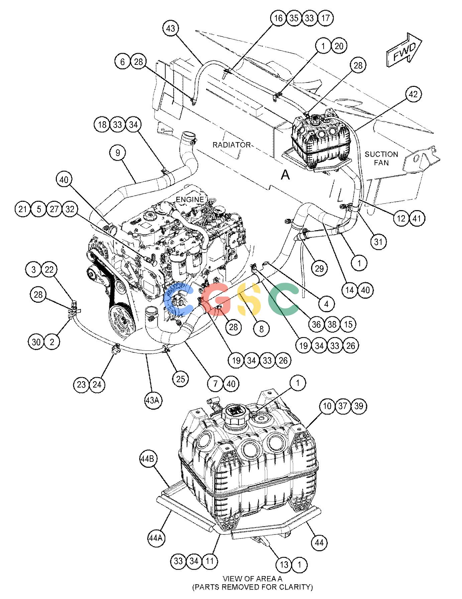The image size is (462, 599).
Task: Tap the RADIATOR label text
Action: [x=232, y=145]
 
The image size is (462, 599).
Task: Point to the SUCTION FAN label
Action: [x=381, y=158]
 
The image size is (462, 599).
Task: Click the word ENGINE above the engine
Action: [x=190, y=199]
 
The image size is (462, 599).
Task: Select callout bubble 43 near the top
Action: [x=170, y=28]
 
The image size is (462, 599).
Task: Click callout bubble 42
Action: [x=413, y=94]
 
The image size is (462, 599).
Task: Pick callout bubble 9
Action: [x=118, y=153]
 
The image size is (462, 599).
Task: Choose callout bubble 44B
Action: [x=147, y=459]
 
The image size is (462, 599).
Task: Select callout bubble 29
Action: [x=319, y=268]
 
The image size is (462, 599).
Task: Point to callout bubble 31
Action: [x=378, y=241]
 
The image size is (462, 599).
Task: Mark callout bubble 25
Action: [x=180, y=379]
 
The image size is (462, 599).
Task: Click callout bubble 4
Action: [x=326, y=304]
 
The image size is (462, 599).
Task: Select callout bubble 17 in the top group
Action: [x=325, y=18]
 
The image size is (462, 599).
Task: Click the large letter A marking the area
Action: [x=285, y=174]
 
